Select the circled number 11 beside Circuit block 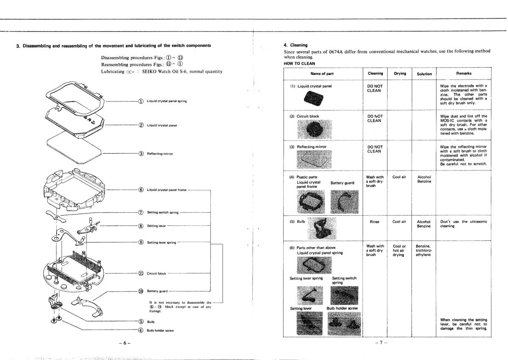coord(141,273)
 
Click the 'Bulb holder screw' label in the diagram coord(160,330)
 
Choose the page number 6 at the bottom coord(125,341)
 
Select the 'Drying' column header coord(400,74)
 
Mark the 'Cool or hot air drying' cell coord(400,250)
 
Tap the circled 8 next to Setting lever coord(141,226)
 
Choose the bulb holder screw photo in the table coord(342,322)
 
